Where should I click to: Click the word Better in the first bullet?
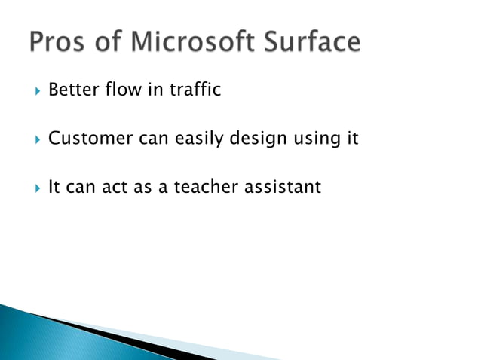pyautogui.click(x=73, y=91)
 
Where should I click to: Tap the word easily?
pyautogui.click(x=193, y=139)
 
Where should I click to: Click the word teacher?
pyautogui.click(x=205, y=187)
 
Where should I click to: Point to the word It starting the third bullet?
pyautogui.click(x=54, y=187)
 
